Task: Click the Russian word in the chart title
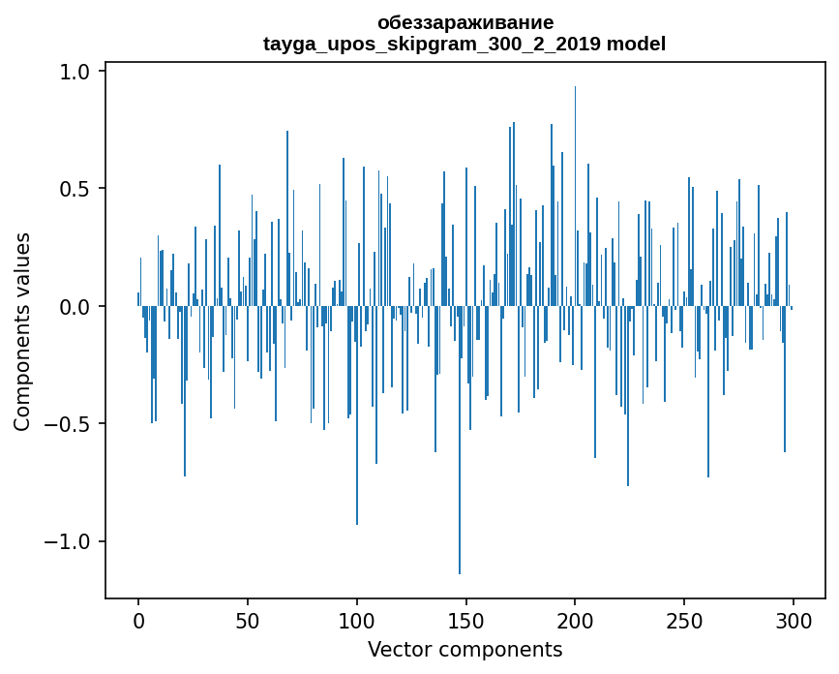pos(465,22)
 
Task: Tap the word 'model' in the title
pos(636,44)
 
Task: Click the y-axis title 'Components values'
pos(22,331)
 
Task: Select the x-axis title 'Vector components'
pos(464,649)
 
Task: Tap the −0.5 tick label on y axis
pos(70,424)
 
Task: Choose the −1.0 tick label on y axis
pos(70,541)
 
